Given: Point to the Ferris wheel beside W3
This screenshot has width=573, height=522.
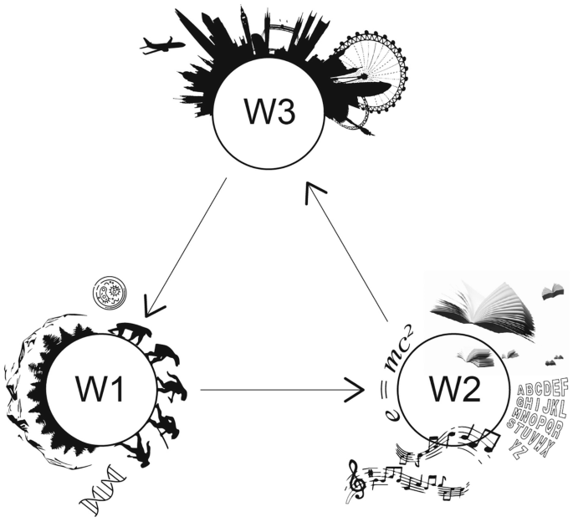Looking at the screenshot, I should tap(374, 71).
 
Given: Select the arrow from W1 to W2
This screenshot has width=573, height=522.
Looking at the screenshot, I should tap(276, 389).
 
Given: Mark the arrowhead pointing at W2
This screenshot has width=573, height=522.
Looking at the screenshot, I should tap(356, 389).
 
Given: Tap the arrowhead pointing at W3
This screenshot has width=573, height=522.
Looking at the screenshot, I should tap(314, 192).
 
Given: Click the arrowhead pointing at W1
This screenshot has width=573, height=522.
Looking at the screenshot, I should tap(153, 306).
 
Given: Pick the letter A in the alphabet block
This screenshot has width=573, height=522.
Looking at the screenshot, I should tap(523, 390).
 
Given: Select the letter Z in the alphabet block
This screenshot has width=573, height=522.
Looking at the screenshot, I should tap(524, 454).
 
